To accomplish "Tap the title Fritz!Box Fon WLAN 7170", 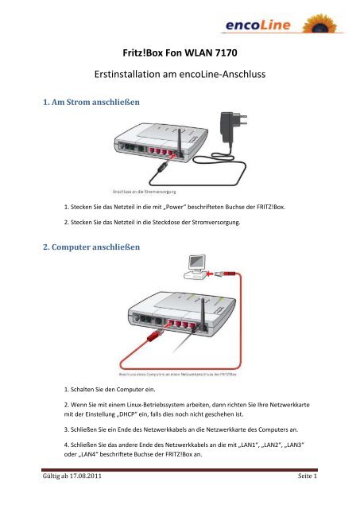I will (180, 56).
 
